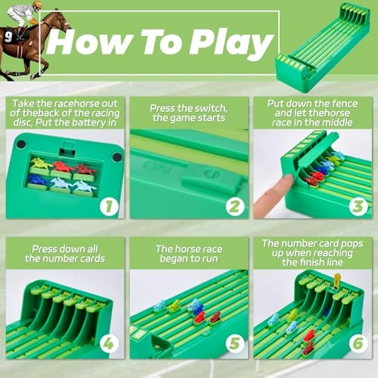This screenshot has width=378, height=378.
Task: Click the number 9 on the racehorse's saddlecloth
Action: coord(8,34)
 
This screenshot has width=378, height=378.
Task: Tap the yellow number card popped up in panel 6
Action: coord(336,282)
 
